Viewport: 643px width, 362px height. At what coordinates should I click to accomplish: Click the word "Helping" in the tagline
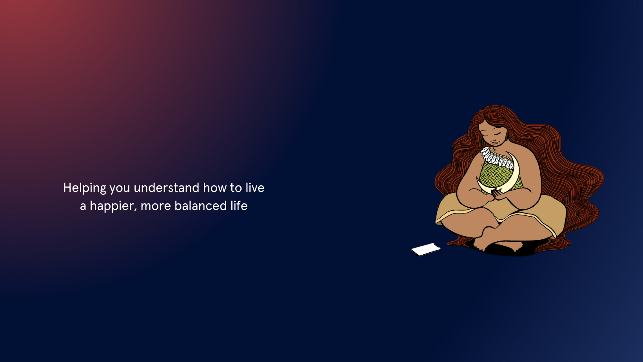click(85, 188)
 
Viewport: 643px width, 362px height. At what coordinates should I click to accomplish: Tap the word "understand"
click(167, 188)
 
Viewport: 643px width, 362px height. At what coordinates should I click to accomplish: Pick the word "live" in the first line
click(255, 188)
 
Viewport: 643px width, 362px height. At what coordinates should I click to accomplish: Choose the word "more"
click(156, 206)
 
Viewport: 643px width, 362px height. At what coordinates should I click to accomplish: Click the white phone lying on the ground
click(426, 249)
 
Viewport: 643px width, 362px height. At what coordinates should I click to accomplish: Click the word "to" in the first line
click(236, 188)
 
